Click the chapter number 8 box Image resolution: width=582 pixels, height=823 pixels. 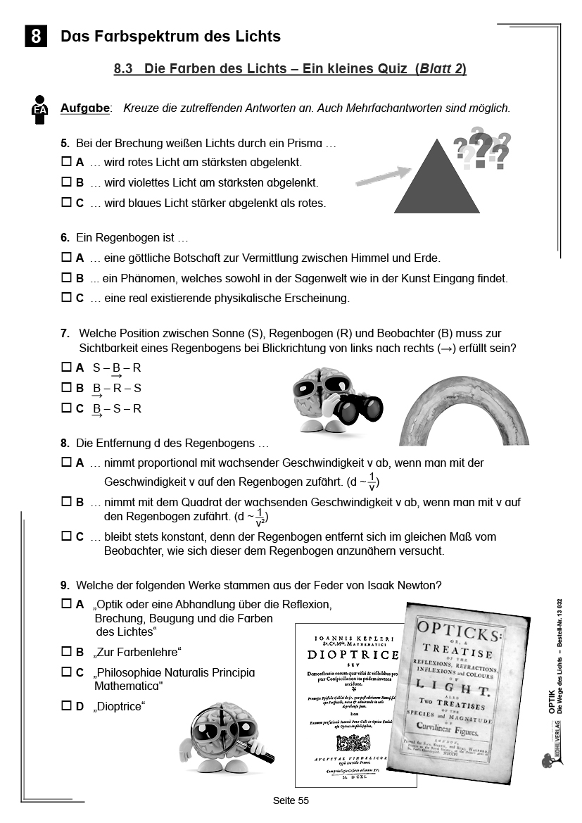(x=35, y=36)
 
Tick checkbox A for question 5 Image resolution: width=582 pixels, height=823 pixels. (x=67, y=162)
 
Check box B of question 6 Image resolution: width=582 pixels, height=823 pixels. (x=67, y=278)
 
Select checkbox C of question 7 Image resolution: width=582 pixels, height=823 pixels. (x=67, y=408)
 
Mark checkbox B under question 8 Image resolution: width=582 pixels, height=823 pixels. (x=67, y=502)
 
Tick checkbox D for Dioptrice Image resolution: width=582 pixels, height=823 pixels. (x=67, y=705)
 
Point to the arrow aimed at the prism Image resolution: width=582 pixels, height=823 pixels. (x=384, y=176)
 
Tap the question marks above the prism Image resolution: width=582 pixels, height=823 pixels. (x=483, y=149)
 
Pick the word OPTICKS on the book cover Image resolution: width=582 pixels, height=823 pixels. (x=459, y=627)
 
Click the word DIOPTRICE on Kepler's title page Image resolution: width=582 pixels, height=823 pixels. (x=354, y=654)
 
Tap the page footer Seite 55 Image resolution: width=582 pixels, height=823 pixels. (x=291, y=800)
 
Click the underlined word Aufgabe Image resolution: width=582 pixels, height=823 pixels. (x=85, y=108)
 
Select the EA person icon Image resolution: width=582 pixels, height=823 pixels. (x=40, y=110)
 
